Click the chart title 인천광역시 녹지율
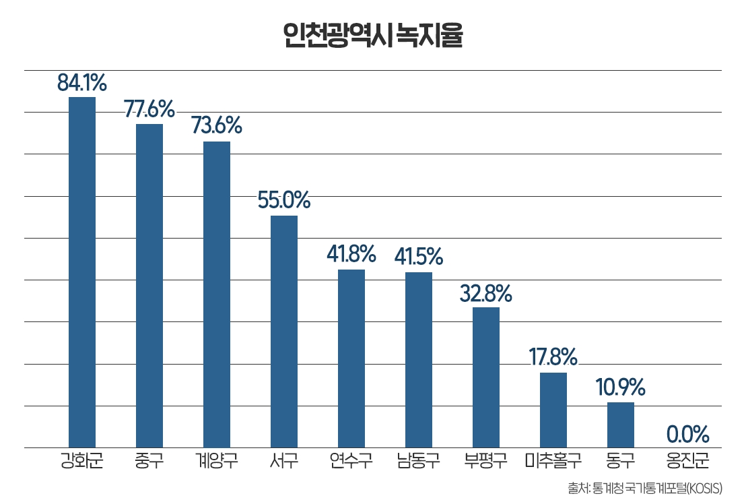pyautogui.click(x=372, y=36)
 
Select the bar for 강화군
pyautogui.click(x=82, y=272)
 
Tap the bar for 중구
pyautogui.click(x=149, y=286)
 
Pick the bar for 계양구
pyautogui.click(x=217, y=294)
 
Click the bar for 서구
pyautogui.click(x=284, y=332)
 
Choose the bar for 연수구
pyautogui.click(x=351, y=359)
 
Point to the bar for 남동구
pyautogui.click(x=419, y=360)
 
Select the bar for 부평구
pyautogui.click(x=486, y=377)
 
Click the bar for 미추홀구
pyautogui.click(x=553, y=410)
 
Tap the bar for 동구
pyautogui.click(x=621, y=425)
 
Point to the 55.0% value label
pyautogui.click(x=284, y=201)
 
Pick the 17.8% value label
pyautogui.click(x=553, y=356)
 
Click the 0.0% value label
pyautogui.click(x=688, y=433)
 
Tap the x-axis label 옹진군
pyautogui.click(x=687, y=462)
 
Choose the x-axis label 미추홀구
pyautogui.click(x=553, y=462)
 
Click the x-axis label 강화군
pyautogui.click(x=82, y=462)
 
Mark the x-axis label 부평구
pyautogui.click(x=486, y=462)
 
